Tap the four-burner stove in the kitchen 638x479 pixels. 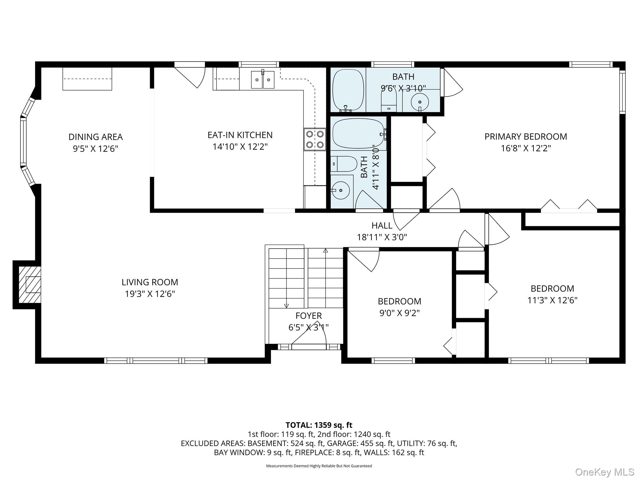point(315,139)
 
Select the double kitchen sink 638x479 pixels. point(263,80)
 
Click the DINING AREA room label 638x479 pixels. point(96,137)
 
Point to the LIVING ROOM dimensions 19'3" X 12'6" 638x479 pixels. point(150,294)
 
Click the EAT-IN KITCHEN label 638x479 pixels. point(240,135)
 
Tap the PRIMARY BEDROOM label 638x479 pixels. point(526,137)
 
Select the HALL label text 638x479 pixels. point(382,225)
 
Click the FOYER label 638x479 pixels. point(308,316)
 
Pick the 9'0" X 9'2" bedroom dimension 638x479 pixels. point(399,313)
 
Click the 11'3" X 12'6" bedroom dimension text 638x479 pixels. point(552,300)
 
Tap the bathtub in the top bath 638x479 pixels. point(348,90)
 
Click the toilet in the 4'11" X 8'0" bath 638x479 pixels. point(344,164)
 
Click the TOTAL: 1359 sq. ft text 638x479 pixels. point(319,425)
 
